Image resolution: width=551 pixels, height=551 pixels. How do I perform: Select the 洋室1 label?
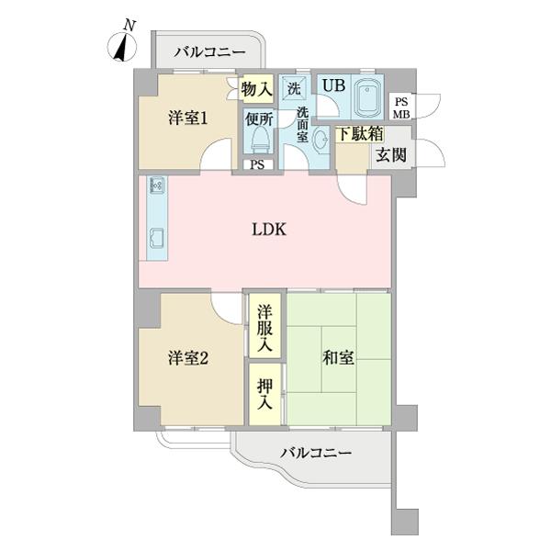[186, 118]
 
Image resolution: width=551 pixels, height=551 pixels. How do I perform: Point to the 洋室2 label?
[186, 358]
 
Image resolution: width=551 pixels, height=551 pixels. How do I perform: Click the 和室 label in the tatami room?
[338, 357]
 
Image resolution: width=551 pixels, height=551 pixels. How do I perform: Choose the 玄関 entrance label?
[388, 154]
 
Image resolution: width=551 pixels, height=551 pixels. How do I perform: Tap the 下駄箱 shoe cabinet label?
[358, 134]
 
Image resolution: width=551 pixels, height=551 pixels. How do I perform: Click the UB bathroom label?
[332, 85]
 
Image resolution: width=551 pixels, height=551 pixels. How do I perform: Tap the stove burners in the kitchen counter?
[155, 186]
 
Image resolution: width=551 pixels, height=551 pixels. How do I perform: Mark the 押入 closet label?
[264, 394]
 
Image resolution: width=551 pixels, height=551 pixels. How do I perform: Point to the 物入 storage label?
[256, 89]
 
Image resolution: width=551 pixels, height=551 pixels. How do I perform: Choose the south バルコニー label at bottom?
[315, 454]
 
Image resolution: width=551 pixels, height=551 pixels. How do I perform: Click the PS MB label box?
[402, 107]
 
